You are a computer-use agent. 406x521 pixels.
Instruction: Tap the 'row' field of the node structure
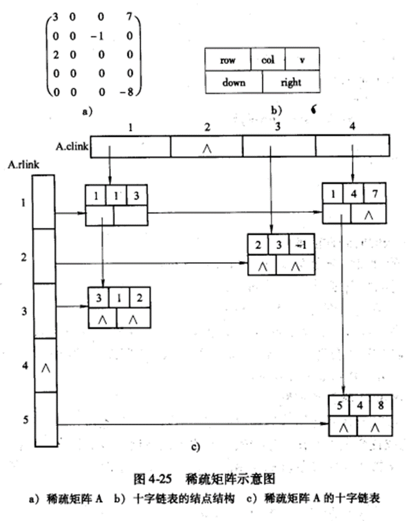(x=227, y=60)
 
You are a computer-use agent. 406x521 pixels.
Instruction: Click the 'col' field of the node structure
(x=268, y=60)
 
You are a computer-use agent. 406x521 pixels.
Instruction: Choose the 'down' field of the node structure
(x=233, y=82)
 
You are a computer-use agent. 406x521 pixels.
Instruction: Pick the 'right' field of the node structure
(x=290, y=82)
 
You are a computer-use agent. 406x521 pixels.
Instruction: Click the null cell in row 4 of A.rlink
(x=46, y=366)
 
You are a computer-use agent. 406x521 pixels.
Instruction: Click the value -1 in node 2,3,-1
(x=301, y=245)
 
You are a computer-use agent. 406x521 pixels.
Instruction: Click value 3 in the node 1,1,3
(x=137, y=195)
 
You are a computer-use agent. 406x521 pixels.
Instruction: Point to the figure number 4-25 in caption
(x=154, y=476)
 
